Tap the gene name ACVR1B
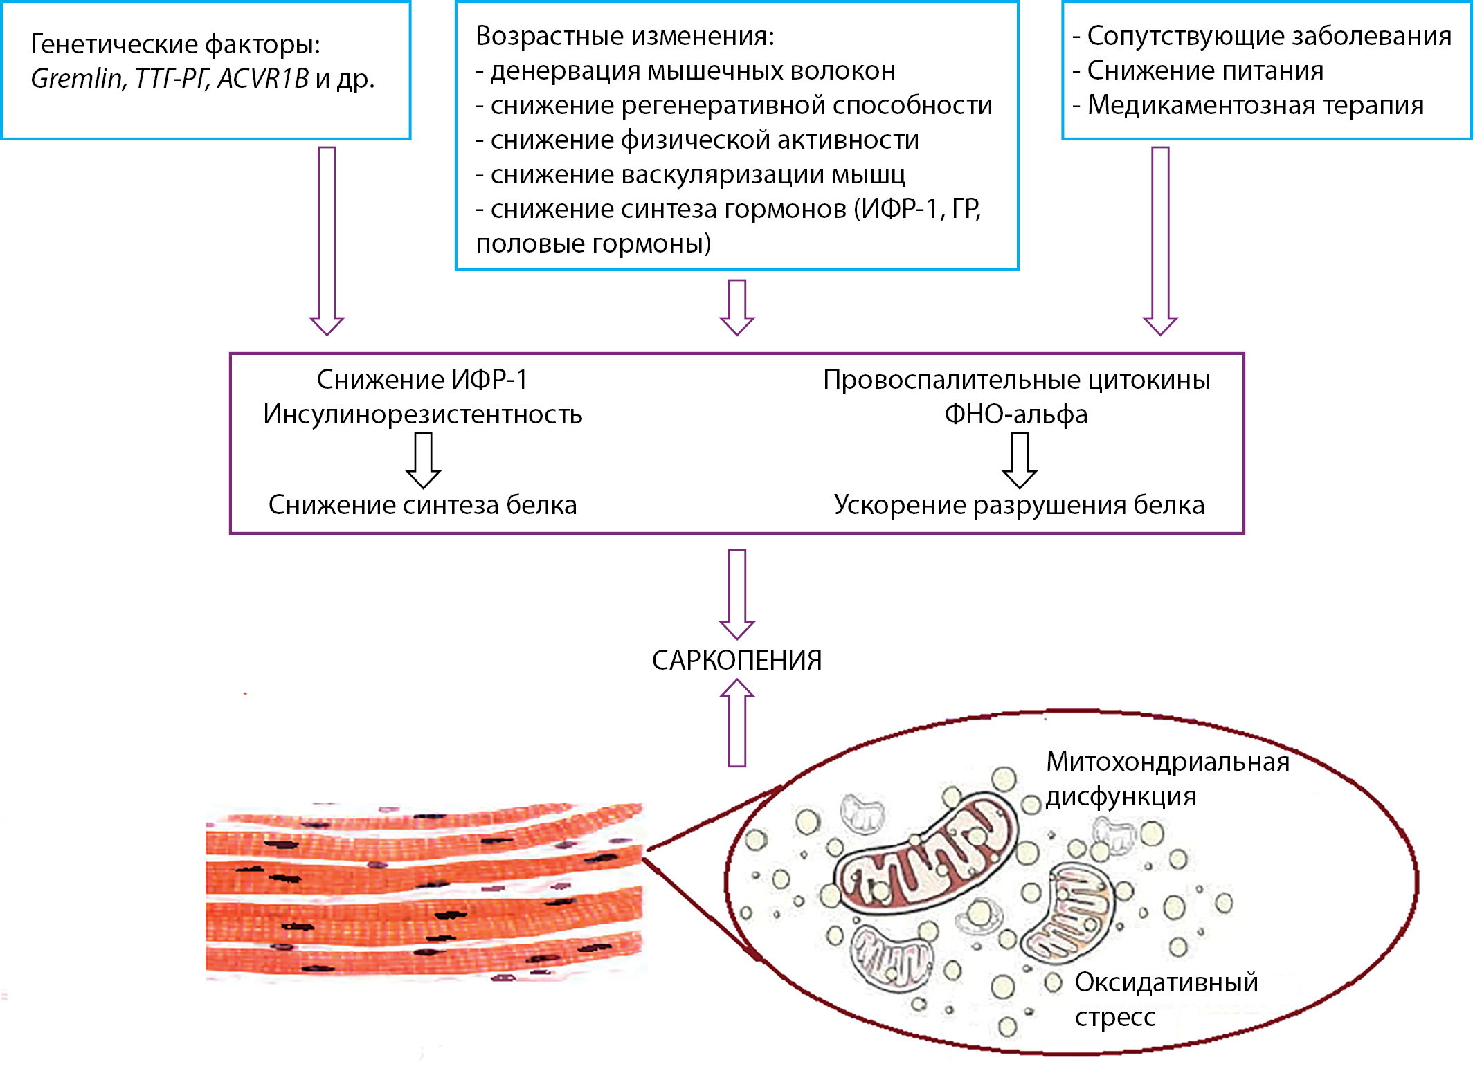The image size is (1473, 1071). [263, 79]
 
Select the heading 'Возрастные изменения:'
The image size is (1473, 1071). [624, 36]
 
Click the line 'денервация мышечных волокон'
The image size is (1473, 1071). [692, 71]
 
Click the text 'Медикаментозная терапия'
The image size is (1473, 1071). [1254, 105]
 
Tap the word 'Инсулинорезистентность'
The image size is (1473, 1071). [422, 414]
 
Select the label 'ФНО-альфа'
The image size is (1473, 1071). [1016, 414]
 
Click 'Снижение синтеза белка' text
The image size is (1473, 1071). [422, 505]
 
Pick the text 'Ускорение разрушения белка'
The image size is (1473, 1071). [1019, 505]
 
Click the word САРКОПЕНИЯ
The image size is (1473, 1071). [736, 661]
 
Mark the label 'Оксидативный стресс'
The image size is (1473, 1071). [1166, 999]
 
